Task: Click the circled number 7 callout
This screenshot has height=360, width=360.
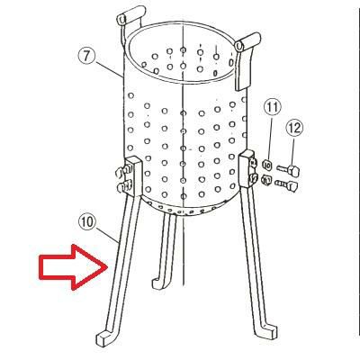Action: [x=86, y=56]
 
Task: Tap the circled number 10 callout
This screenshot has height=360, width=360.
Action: [x=87, y=222]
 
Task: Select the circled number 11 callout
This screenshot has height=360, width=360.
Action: [x=272, y=107]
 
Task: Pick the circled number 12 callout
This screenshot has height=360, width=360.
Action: [x=294, y=129]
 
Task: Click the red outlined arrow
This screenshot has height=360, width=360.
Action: [x=73, y=267]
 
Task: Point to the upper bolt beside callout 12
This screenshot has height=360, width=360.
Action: [x=289, y=171]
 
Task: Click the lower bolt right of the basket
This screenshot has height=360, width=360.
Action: [x=286, y=184]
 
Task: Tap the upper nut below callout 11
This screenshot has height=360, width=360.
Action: [x=267, y=165]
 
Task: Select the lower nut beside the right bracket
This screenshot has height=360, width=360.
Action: [x=267, y=179]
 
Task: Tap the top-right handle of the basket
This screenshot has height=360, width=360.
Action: [x=247, y=60]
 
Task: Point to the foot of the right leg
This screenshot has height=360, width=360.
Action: [x=267, y=331]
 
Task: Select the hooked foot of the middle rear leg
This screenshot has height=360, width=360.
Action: [x=157, y=283]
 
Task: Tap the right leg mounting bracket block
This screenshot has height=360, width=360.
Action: [x=247, y=168]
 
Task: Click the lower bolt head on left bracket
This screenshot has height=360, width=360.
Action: [x=122, y=186]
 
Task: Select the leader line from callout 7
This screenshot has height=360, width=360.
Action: [x=108, y=68]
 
